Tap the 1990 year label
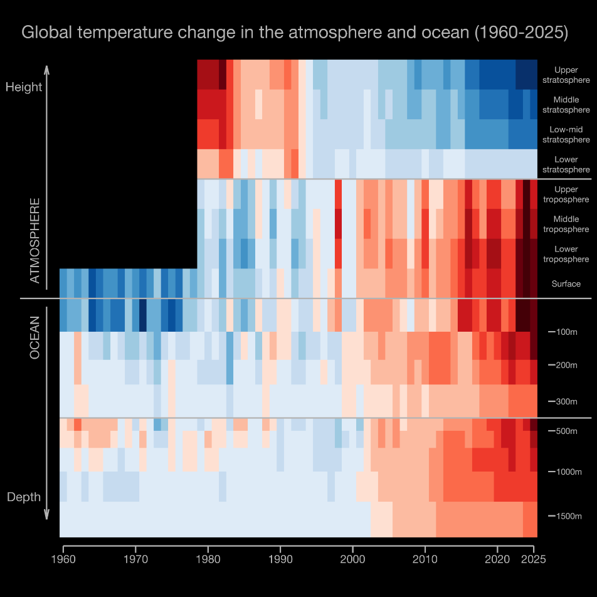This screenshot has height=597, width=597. point(280,558)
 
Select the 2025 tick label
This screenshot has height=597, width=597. point(533,558)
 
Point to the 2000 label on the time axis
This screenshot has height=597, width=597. point(353,558)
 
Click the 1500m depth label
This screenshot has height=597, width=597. point(569,516)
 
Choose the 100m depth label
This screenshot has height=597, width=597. point(567,332)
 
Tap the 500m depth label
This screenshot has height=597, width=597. point(567,431)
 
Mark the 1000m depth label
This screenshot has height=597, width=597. point(569,472)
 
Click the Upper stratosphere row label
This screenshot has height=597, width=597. point(566,75)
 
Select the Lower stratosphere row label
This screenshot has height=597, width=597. point(566,165)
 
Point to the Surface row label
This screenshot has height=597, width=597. point(566,284)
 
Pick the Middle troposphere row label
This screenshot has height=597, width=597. point(566,225)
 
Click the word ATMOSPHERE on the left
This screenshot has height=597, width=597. point(35,241)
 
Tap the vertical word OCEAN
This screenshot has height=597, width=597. point(35,337)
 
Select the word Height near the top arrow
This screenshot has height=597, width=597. point(24,87)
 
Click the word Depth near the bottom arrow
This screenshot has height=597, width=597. point(24,497)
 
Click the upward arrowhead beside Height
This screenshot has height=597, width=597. point(48,67)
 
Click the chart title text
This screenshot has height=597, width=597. point(295,33)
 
